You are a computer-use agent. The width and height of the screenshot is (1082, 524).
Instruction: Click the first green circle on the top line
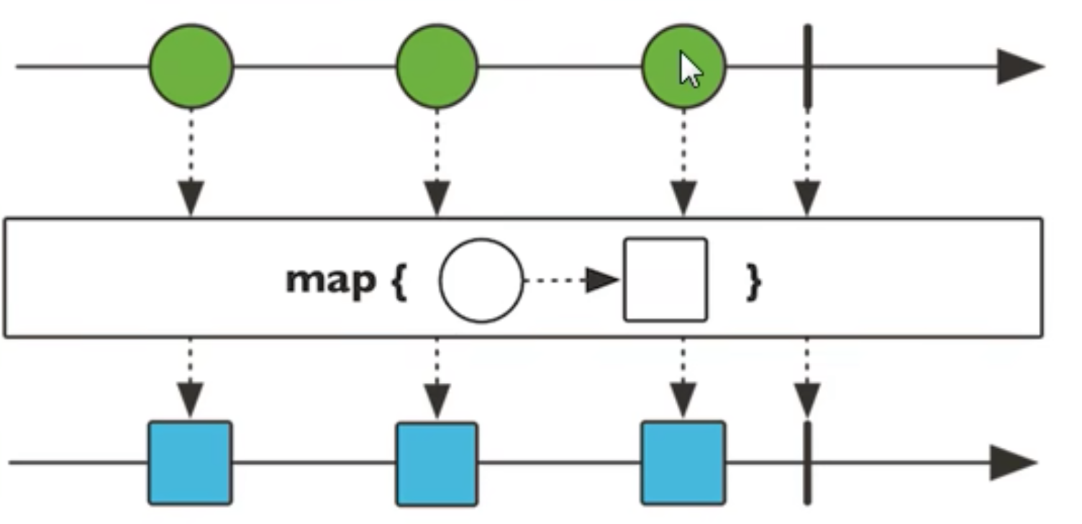click(191, 66)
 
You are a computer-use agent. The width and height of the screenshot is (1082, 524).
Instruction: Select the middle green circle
click(437, 66)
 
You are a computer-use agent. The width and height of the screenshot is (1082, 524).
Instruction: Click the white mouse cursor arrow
click(691, 71)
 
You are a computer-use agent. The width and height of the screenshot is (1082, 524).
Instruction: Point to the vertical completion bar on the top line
click(807, 66)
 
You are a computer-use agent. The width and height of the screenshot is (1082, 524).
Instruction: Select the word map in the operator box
click(331, 279)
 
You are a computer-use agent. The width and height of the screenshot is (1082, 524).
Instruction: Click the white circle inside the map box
click(481, 280)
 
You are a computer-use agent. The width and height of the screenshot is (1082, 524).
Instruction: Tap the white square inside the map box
click(665, 279)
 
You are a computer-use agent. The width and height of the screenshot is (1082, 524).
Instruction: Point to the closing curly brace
click(753, 281)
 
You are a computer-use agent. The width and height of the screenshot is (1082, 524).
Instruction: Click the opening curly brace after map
click(399, 281)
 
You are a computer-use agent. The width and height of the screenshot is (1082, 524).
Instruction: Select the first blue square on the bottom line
click(191, 463)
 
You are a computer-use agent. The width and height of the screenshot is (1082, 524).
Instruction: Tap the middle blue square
click(437, 464)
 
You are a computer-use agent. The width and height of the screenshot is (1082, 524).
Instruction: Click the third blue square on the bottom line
click(683, 463)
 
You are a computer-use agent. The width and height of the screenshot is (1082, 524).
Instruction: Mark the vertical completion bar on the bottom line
click(807, 463)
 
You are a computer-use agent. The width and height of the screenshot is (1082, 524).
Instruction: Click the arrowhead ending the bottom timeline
click(1013, 463)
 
